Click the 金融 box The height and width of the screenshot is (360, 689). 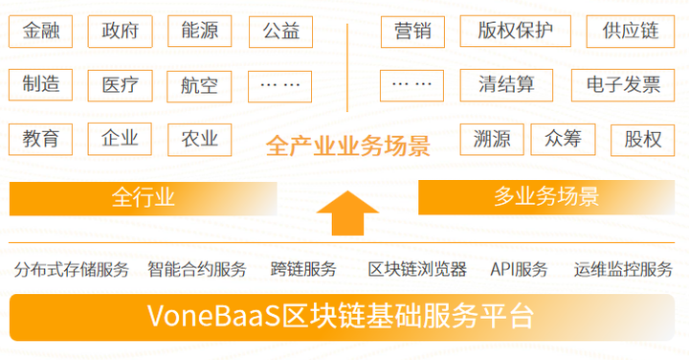pyautogui.click(x=41, y=32)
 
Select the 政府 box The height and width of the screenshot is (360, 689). pyautogui.click(x=120, y=32)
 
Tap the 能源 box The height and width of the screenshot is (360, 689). pyautogui.click(x=199, y=32)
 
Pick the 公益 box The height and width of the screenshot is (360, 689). pyautogui.click(x=280, y=32)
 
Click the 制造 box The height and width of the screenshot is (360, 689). pyautogui.click(x=41, y=85)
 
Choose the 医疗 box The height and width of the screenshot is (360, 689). pyautogui.click(x=120, y=85)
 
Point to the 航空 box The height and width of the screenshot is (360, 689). pyautogui.click(x=199, y=86)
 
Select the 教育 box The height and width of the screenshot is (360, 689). pyautogui.click(x=41, y=140)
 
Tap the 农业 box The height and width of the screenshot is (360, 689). pyautogui.click(x=199, y=140)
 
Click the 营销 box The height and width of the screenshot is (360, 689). pyautogui.click(x=412, y=32)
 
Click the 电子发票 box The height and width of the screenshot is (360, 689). pyautogui.click(x=624, y=85)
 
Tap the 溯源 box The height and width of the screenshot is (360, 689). pyautogui.click(x=491, y=140)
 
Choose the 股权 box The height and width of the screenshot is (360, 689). pyautogui.click(x=642, y=140)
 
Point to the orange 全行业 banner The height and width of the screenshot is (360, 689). pyautogui.click(x=144, y=198)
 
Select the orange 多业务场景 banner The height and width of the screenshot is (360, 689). pyautogui.click(x=546, y=197)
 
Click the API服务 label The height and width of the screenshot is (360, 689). pyautogui.click(x=519, y=269)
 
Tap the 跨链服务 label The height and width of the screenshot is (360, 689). pyautogui.click(x=303, y=269)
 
